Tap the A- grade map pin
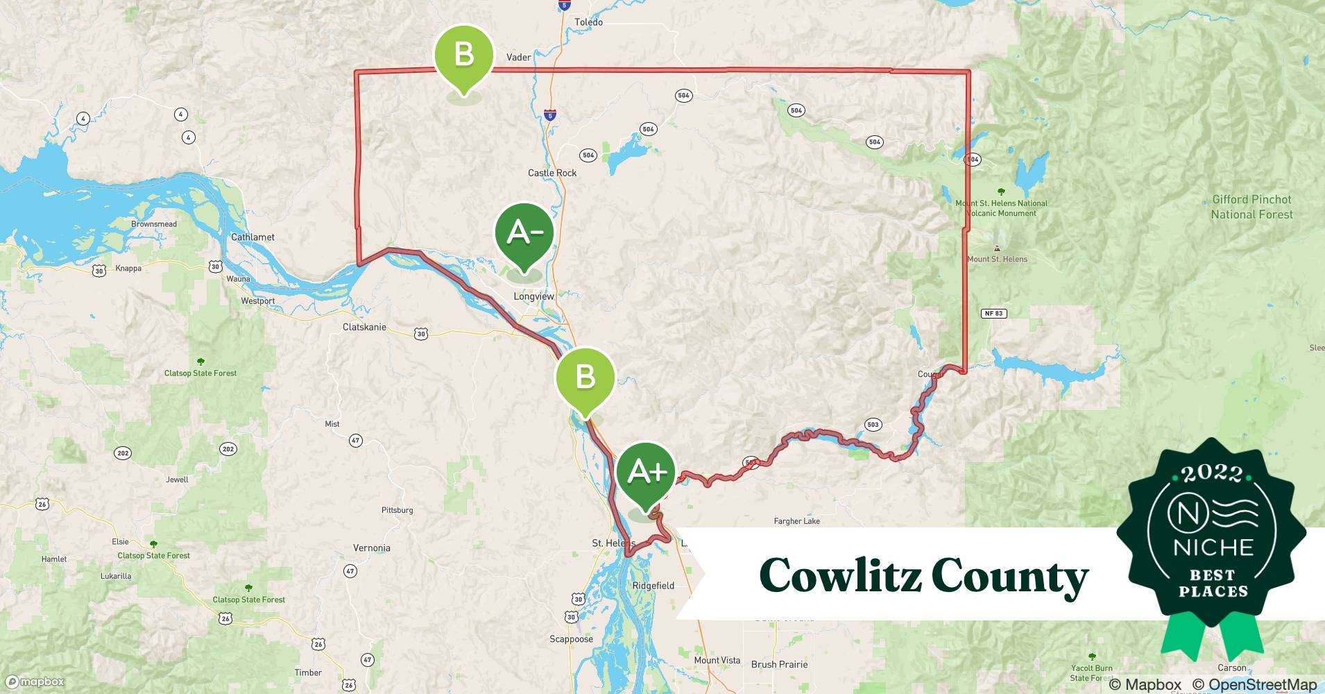tap(524, 234)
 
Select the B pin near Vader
tap(463, 55)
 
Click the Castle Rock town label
tap(552, 173)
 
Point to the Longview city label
tap(533, 296)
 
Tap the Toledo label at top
tap(588, 22)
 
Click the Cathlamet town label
tap(253, 237)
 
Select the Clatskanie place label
tap(364, 327)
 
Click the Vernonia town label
tap(371, 548)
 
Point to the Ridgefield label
tap(653, 586)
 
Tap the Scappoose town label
tap(571, 639)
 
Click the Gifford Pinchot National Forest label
tap(1251, 207)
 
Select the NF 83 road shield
tap(994, 314)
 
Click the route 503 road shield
tap(873, 425)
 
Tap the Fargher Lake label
tap(796, 521)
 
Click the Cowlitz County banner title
tap(923, 575)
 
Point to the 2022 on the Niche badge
tap(1213, 474)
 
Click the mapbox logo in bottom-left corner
tap(35, 682)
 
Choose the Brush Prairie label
tap(779, 664)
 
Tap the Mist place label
tap(332, 424)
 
